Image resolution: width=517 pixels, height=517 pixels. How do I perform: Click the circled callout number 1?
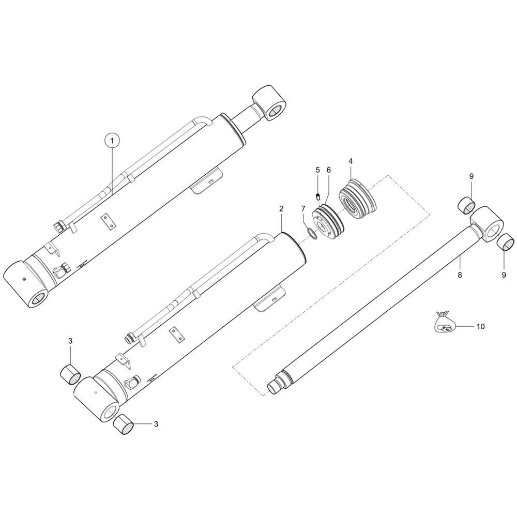(x=113, y=140)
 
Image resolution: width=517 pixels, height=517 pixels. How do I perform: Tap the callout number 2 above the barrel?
(x=281, y=209)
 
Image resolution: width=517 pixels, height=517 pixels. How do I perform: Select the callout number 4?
(x=351, y=161)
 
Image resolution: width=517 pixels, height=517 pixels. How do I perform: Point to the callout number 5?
(x=318, y=170)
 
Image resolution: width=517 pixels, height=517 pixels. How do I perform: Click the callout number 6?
(x=328, y=170)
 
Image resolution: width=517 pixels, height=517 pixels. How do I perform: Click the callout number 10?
(x=480, y=327)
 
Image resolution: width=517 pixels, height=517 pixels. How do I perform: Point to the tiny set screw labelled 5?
(x=318, y=196)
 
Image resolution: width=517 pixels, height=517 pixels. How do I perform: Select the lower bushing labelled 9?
(x=505, y=241)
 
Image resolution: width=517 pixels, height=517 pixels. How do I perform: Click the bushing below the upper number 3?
(x=70, y=372)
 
